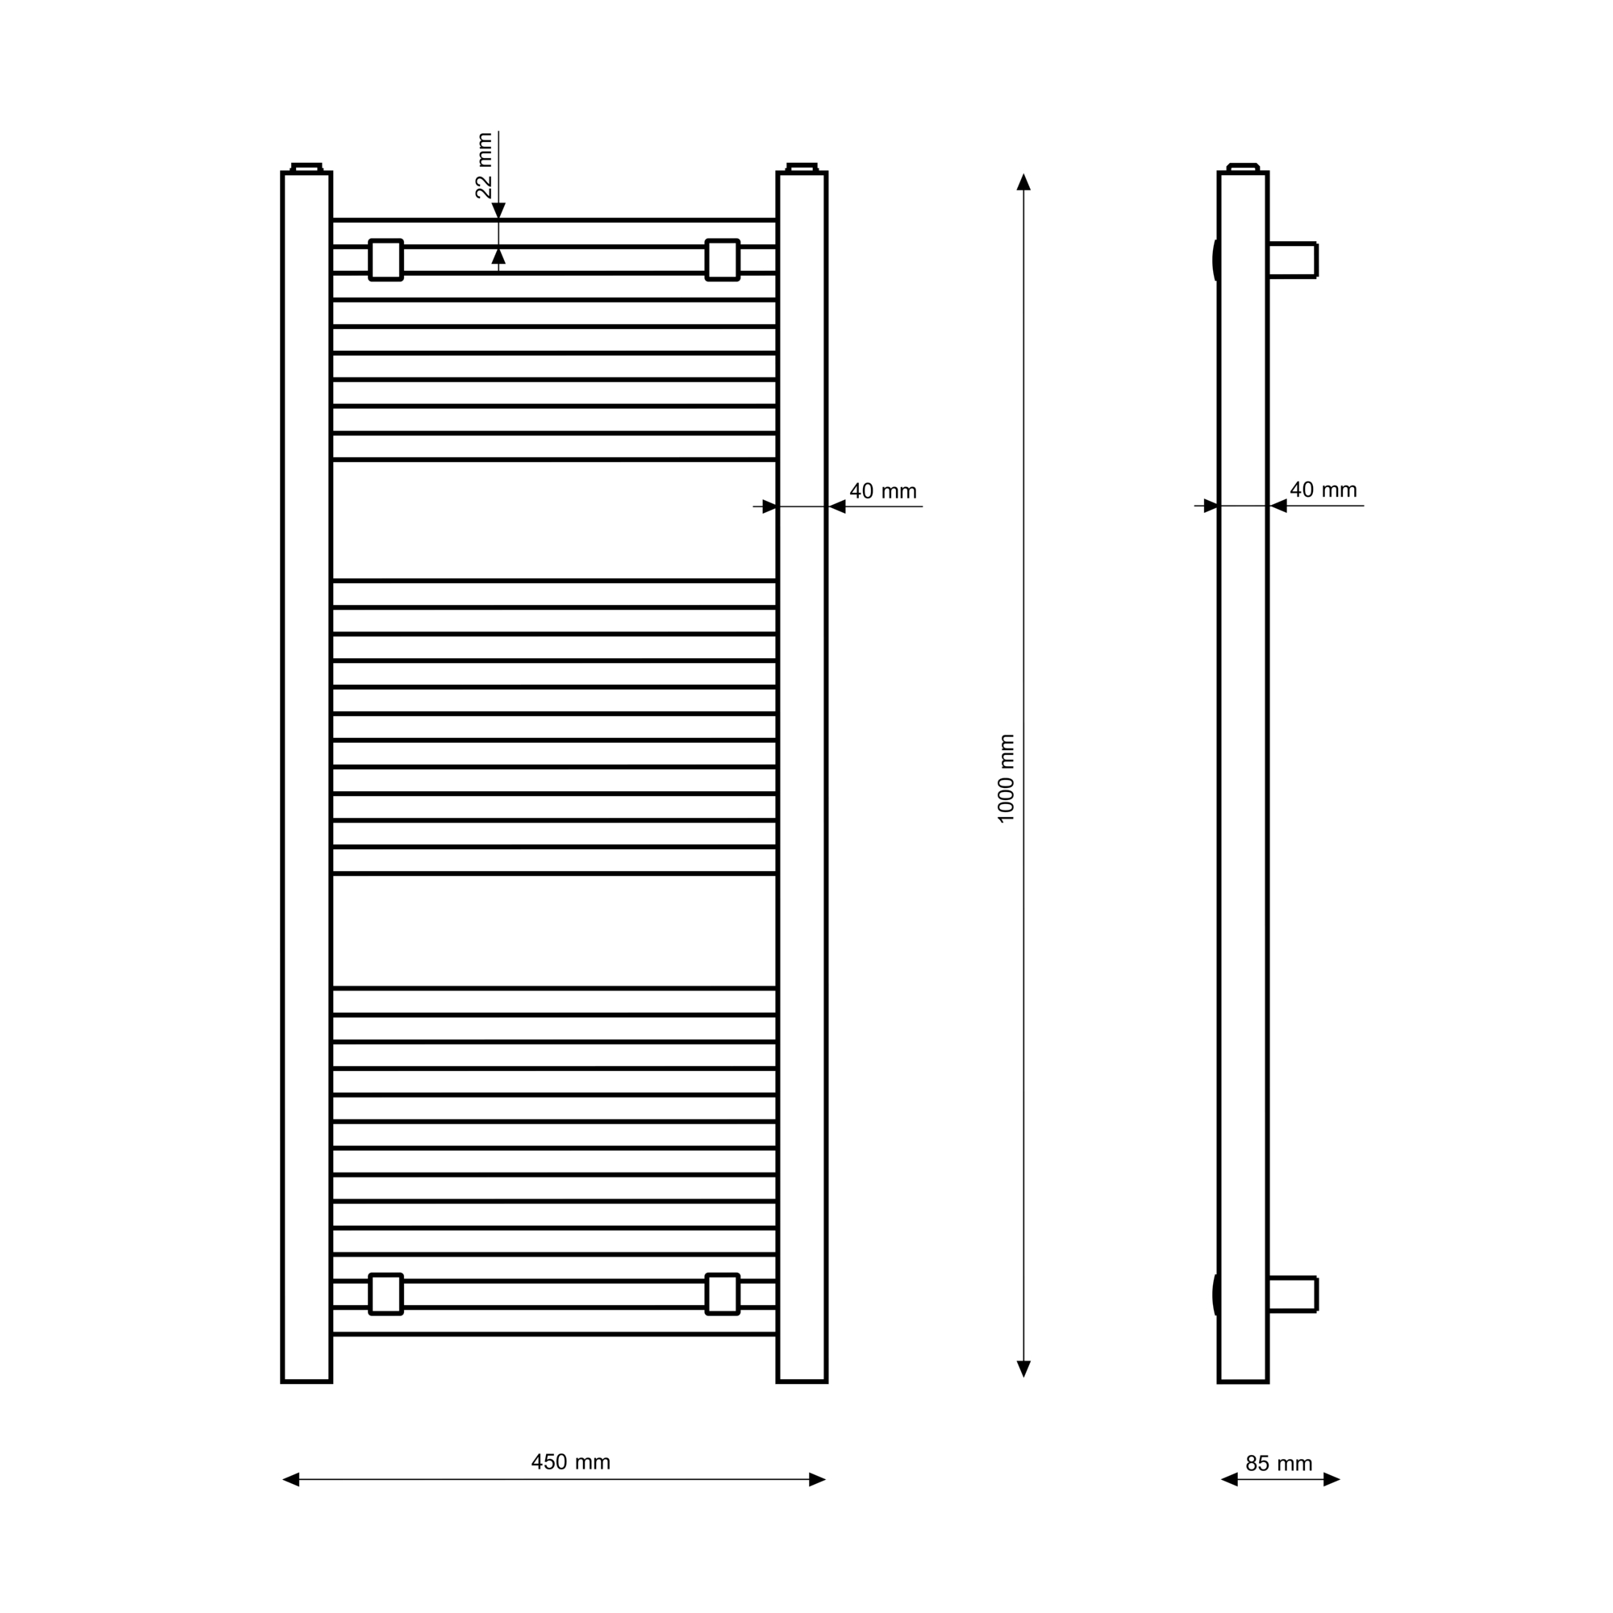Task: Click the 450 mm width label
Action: coord(571,1462)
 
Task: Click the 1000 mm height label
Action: coord(1006,778)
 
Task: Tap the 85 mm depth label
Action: coord(1279,1464)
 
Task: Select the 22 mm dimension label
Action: coord(483,165)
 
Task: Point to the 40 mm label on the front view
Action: coord(882,491)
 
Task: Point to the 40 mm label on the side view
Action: coord(1323,490)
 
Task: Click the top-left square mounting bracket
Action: coord(386,260)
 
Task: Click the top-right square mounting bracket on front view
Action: coord(722,260)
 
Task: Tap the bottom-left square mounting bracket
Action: coord(386,1294)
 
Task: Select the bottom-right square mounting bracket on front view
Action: coord(722,1294)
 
